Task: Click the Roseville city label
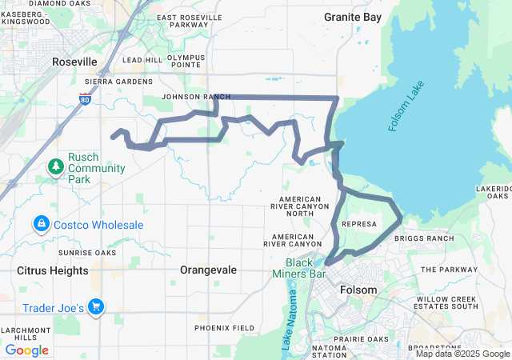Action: pyautogui.click(x=74, y=62)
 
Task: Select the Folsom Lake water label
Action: pyautogui.click(x=404, y=110)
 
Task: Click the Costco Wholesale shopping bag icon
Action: pyautogui.click(x=41, y=225)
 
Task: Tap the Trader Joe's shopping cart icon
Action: pyautogui.click(x=96, y=306)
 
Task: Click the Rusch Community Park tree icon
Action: pyautogui.click(x=55, y=166)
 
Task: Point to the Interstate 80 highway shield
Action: pyautogui.click(x=86, y=98)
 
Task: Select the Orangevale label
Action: pyautogui.click(x=209, y=270)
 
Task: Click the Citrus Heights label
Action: pyautogui.click(x=53, y=270)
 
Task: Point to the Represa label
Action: pyautogui.click(x=358, y=225)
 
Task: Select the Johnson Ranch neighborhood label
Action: pyautogui.click(x=190, y=97)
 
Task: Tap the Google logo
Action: pyautogui.click(x=26, y=350)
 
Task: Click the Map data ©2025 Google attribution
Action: pyautogui.click(x=462, y=354)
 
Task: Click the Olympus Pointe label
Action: pyautogui.click(x=186, y=62)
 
